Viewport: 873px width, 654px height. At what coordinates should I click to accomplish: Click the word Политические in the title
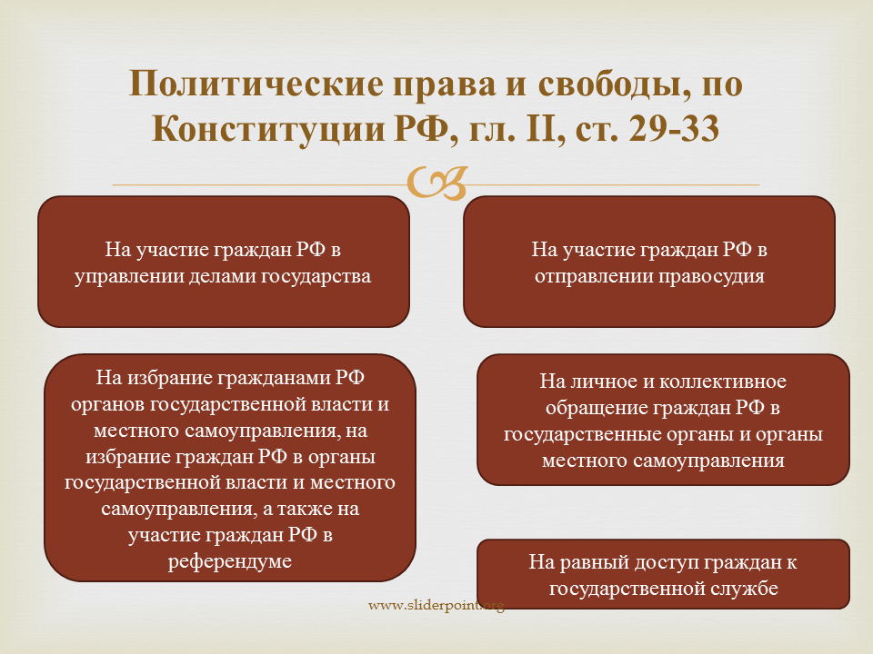[x=256, y=84]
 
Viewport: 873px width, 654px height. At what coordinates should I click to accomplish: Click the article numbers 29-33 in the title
[x=674, y=128]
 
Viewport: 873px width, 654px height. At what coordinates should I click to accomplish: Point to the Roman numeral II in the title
[x=538, y=128]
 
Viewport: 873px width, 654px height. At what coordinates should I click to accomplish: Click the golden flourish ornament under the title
[x=436, y=183]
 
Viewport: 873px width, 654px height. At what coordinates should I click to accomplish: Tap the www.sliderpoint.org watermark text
[x=436, y=605]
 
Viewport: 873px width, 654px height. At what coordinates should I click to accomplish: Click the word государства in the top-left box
[x=316, y=277]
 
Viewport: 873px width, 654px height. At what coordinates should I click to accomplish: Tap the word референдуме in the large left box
[x=230, y=561]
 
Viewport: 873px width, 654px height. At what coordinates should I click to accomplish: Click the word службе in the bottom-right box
[x=744, y=589]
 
